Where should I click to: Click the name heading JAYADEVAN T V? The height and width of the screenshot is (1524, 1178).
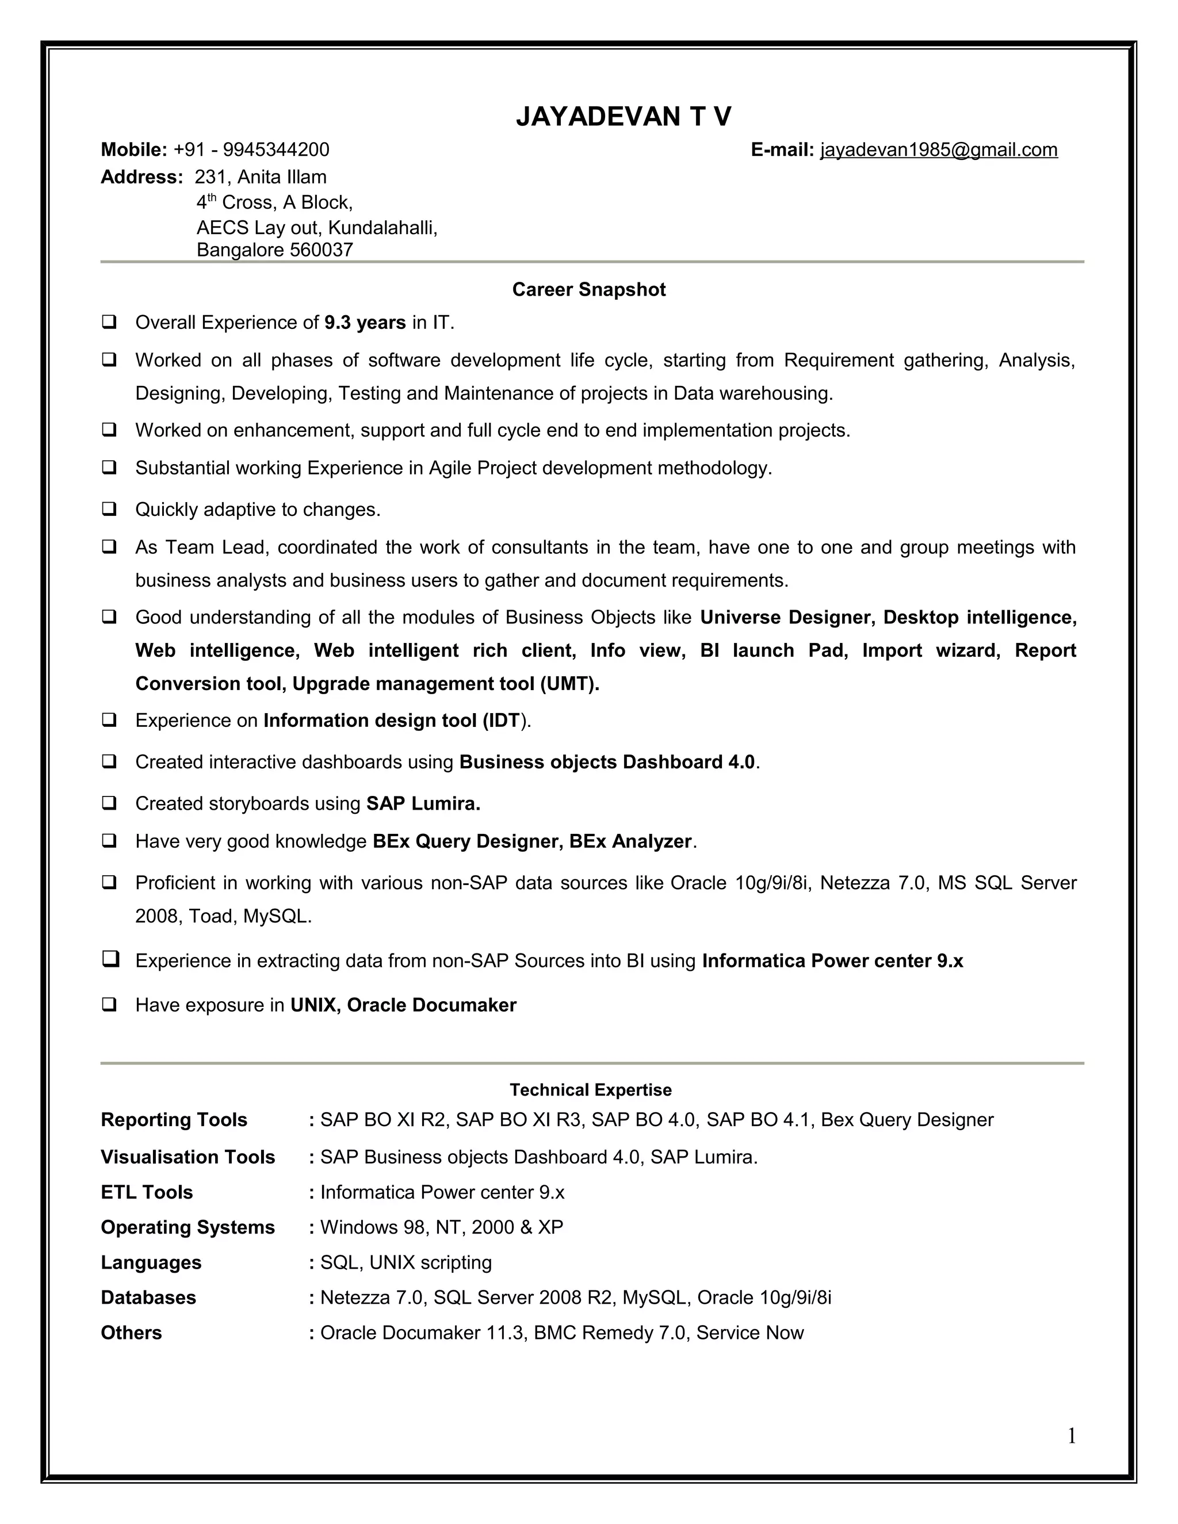623,117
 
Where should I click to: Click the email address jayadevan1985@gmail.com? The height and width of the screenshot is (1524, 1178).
939,150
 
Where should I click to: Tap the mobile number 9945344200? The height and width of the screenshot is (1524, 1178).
276,150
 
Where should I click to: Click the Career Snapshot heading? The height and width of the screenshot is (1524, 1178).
588,290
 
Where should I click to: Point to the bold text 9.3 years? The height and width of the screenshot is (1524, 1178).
365,323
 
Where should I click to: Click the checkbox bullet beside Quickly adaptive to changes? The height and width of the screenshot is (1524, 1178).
109,509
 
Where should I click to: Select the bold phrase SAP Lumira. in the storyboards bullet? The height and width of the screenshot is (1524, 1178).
423,804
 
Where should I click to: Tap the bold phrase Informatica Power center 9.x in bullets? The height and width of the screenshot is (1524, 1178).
832,961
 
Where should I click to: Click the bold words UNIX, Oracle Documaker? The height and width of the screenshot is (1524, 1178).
403,1005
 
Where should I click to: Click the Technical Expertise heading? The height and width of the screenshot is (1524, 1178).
590,1090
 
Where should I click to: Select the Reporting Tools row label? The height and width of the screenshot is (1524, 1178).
174,1120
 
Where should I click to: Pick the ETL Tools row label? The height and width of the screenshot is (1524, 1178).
147,1192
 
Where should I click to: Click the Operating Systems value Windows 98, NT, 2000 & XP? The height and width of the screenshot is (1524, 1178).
441,1227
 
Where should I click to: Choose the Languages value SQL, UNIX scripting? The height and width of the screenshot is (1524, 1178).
406,1262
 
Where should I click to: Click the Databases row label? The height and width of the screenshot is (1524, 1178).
148,1297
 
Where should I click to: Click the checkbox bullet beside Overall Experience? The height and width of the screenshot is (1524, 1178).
109,323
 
